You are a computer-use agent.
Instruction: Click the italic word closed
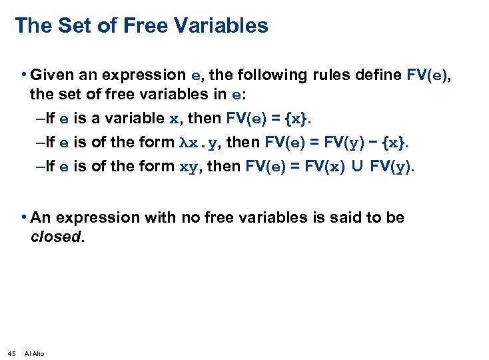(x=57, y=237)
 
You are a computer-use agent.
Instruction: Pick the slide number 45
(x=11, y=353)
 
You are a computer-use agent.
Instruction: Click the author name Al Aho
(x=34, y=353)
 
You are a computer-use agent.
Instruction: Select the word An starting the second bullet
(x=40, y=218)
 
